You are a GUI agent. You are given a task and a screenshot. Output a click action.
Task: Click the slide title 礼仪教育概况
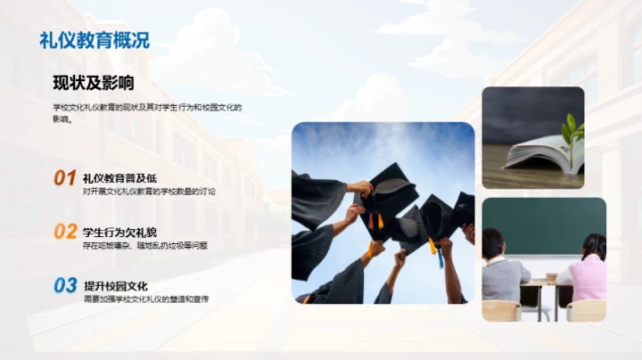[x=95, y=39]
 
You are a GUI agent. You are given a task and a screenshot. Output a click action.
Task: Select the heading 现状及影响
[x=93, y=84]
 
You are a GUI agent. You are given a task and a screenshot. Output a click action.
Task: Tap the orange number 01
[x=64, y=178]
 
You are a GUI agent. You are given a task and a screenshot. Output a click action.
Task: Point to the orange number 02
[x=64, y=232]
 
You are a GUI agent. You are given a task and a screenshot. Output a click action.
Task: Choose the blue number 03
[x=64, y=285]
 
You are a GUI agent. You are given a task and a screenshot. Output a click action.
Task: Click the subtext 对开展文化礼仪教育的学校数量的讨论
[x=149, y=192]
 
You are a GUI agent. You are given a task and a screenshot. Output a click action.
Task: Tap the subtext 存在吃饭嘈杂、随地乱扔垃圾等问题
[x=145, y=245]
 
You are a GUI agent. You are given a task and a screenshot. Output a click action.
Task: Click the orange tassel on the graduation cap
[x=380, y=219]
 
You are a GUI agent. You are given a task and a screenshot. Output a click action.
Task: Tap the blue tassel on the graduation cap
[x=439, y=256]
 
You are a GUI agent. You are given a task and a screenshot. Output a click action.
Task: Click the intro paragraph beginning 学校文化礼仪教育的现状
[x=146, y=112]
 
